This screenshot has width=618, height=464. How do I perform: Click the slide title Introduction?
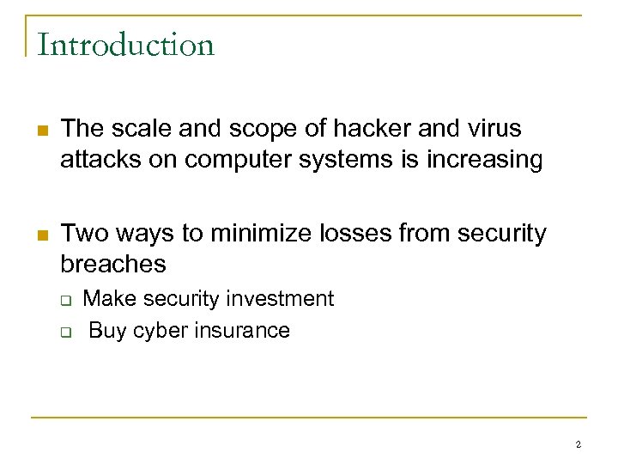[x=125, y=45]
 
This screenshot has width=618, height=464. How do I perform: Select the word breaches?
[x=113, y=263]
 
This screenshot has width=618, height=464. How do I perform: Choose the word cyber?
[x=156, y=330]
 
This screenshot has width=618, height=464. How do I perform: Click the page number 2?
[x=579, y=444]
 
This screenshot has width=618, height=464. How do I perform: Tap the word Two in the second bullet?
[x=82, y=233]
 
